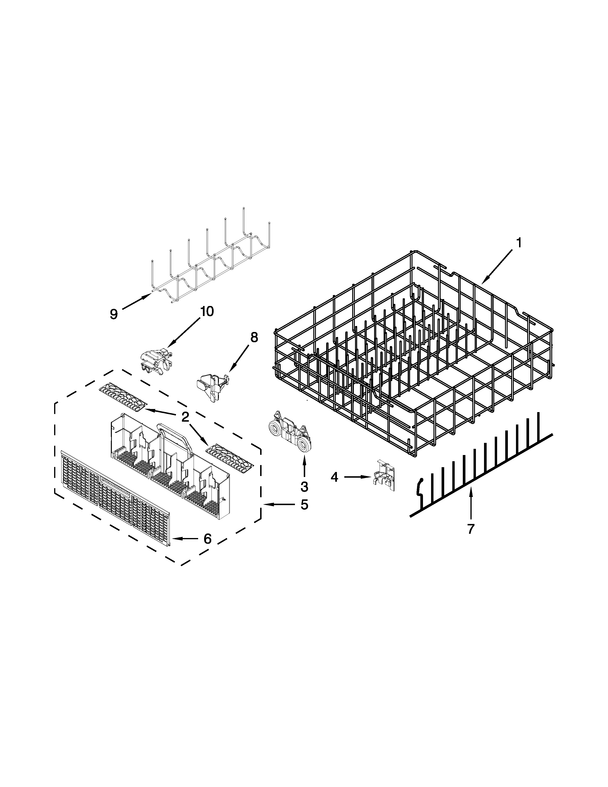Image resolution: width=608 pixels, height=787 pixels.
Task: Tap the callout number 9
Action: [x=114, y=314]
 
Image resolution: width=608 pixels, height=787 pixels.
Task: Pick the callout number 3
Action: [x=304, y=487]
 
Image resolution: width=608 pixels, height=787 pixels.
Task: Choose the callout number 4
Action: [x=335, y=477]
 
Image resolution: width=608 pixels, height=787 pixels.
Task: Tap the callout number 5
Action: [x=304, y=505]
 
